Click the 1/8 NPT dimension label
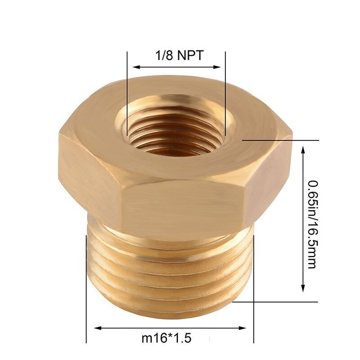click(x=179, y=56)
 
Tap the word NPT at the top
click(x=189, y=56)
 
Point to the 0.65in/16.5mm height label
click(x=310, y=224)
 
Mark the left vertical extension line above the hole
click(x=127, y=90)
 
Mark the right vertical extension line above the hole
click(x=225, y=90)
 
